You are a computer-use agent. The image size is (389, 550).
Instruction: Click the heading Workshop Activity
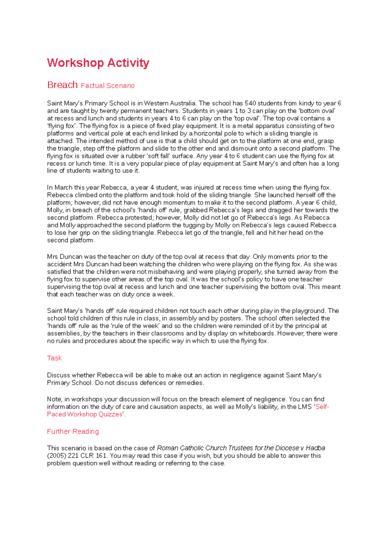[x=98, y=63]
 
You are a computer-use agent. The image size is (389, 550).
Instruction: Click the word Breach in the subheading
[x=62, y=85]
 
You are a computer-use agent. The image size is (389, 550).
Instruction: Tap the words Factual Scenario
[x=107, y=86]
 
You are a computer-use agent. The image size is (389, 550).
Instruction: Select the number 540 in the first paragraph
[x=250, y=103]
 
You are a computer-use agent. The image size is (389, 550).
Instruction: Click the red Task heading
[x=54, y=358]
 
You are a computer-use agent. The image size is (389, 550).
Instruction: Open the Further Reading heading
[x=73, y=431]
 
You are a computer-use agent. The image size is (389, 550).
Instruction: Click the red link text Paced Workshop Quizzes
[x=85, y=414]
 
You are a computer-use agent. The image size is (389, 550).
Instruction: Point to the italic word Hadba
[x=315, y=448]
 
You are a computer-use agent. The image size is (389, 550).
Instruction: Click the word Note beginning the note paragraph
[x=53, y=399]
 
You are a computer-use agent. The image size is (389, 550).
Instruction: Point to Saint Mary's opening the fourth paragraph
[x=64, y=311]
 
